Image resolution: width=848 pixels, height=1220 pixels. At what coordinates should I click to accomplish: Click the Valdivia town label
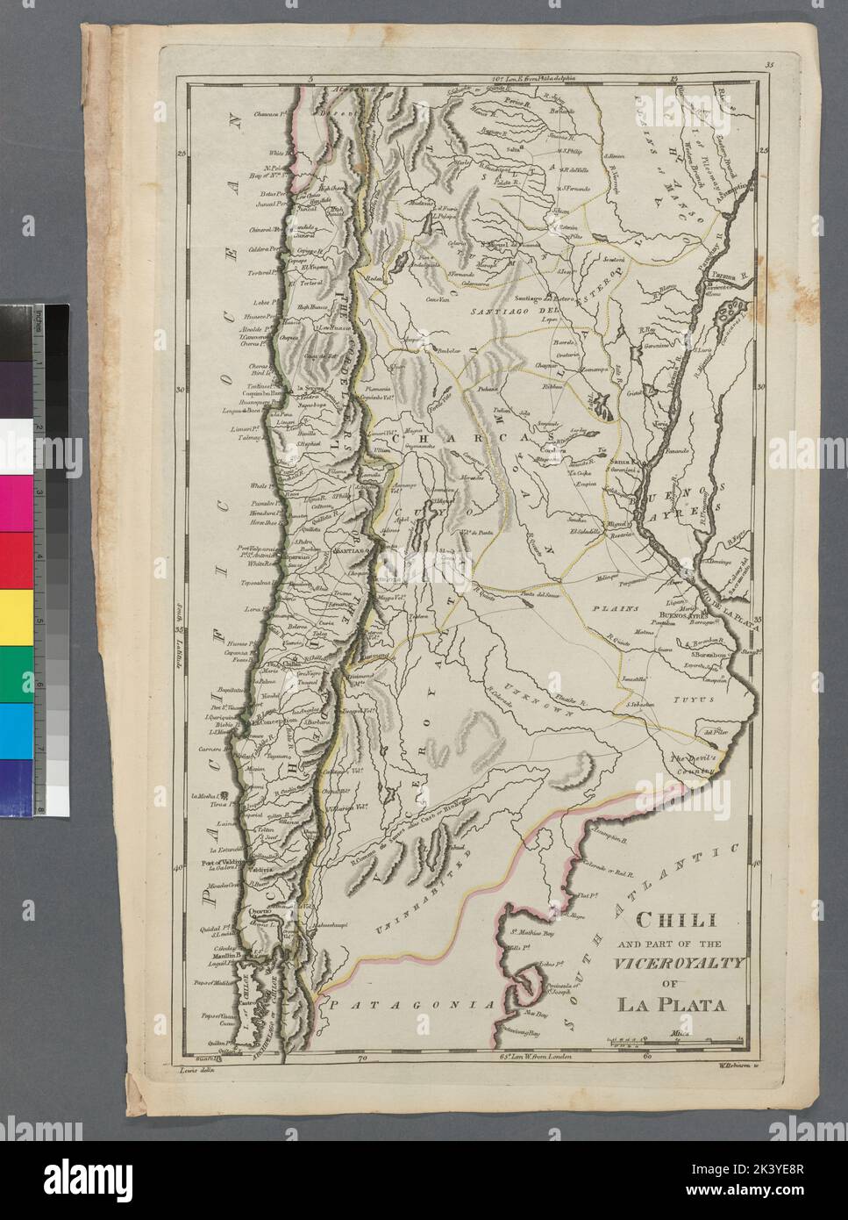(x=260, y=869)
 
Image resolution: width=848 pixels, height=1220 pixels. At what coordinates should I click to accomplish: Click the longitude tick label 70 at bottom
(x=361, y=1059)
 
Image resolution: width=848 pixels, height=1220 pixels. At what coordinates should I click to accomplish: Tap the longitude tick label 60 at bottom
(x=646, y=1059)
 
